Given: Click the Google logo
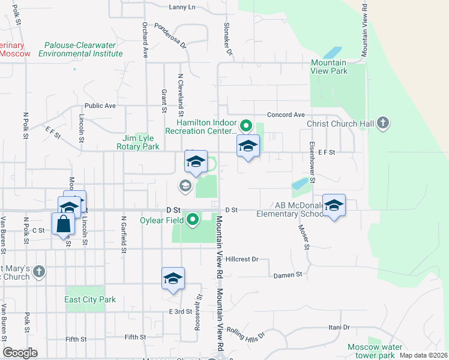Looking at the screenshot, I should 20,353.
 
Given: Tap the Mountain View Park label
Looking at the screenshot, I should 328,67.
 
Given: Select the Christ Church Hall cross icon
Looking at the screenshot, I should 383,124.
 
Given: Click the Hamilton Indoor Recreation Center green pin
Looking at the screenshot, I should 245,126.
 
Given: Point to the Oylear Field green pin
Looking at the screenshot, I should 193,220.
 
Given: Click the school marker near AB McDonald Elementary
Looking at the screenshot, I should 334,206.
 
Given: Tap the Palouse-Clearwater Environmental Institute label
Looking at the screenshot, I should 80,49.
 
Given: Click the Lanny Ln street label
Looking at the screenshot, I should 182,7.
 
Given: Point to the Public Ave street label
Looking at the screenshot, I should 100,106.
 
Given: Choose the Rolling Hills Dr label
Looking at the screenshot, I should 245,337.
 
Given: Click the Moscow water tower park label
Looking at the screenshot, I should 375,352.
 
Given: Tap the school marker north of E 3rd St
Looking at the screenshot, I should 173,279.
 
